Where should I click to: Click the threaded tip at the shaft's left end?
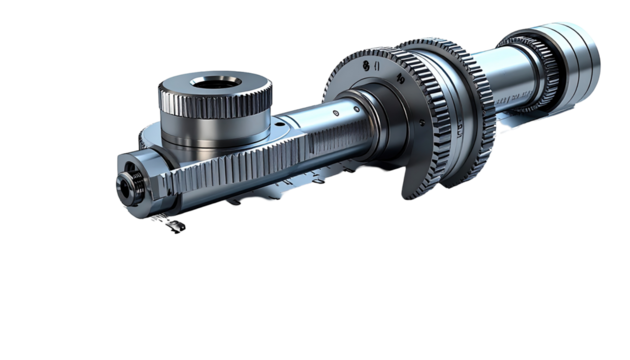(123, 184)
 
